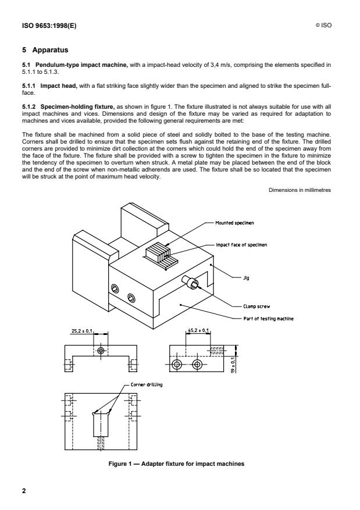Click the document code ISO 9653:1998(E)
[49, 26]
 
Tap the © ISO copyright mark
[323, 26]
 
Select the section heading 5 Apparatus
[45, 50]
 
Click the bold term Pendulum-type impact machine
[81, 65]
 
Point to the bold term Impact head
[59, 86]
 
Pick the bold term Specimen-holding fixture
[77, 106]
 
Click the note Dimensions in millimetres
[300, 190]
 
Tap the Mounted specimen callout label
[234, 223]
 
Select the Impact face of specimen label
[241, 245]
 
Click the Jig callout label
[246, 278]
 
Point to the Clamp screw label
[256, 306]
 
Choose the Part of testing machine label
[268, 319]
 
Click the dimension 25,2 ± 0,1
[82, 331]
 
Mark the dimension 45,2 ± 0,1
[199, 330]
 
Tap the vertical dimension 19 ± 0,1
[233, 365]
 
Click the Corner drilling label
[147, 384]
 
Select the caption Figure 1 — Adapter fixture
[176, 464]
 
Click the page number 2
[24, 491]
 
